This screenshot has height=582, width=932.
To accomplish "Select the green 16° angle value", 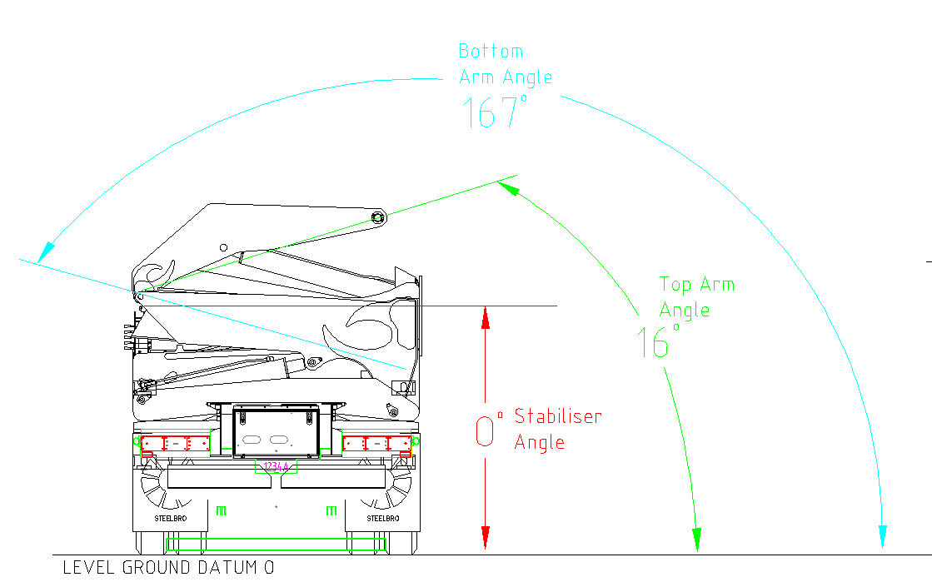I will (655, 342).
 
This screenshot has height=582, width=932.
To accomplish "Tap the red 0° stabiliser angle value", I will (488, 431).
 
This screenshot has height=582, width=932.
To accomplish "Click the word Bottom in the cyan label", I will (491, 52).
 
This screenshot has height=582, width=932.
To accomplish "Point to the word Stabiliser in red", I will (557, 416).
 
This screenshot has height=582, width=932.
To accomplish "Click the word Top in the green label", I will (675, 286).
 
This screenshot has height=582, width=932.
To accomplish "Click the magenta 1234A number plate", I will (277, 467).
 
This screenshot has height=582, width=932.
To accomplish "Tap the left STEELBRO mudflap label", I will (170, 519).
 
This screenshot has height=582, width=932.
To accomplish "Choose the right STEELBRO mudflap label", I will (383, 519).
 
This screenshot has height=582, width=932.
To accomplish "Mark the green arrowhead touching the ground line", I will (697, 539).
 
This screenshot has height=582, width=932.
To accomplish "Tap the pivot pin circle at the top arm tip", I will (378, 217).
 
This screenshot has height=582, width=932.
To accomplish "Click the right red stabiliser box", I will (376, 444).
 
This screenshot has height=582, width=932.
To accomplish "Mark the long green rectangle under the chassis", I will (277, 545).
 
